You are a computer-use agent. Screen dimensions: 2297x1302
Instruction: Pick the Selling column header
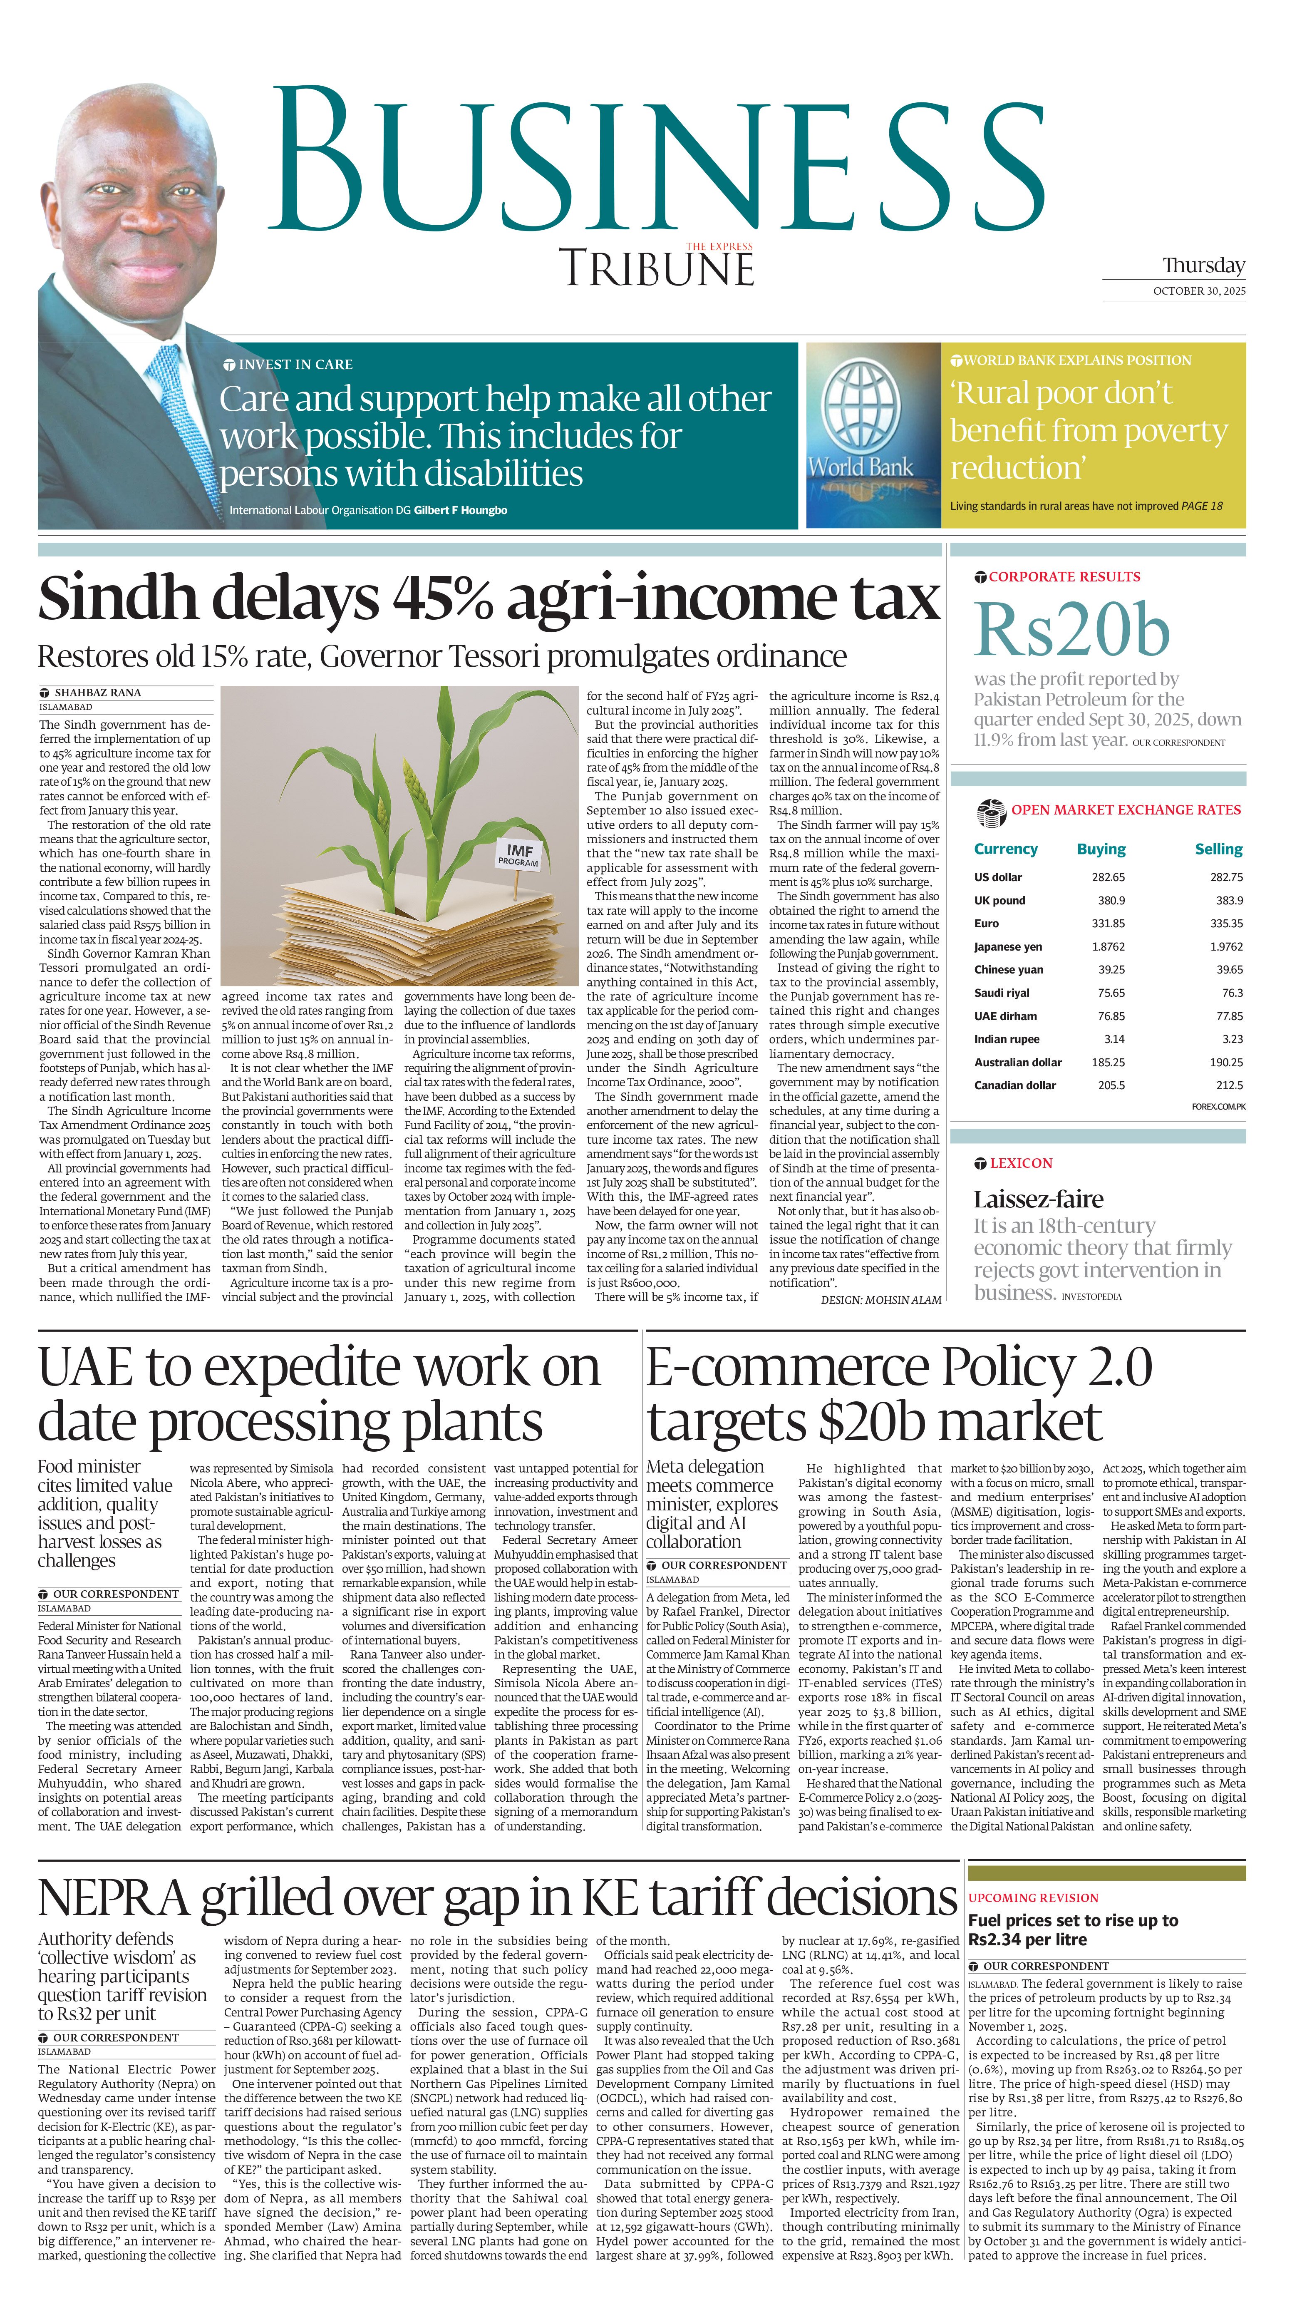(1218, 849)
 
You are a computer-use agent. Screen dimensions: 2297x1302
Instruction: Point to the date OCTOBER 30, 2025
(1198, 291)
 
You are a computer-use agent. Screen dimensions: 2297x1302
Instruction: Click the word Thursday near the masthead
(1203, 266)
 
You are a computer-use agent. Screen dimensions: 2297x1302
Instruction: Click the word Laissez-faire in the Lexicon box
(1038, 1199)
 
